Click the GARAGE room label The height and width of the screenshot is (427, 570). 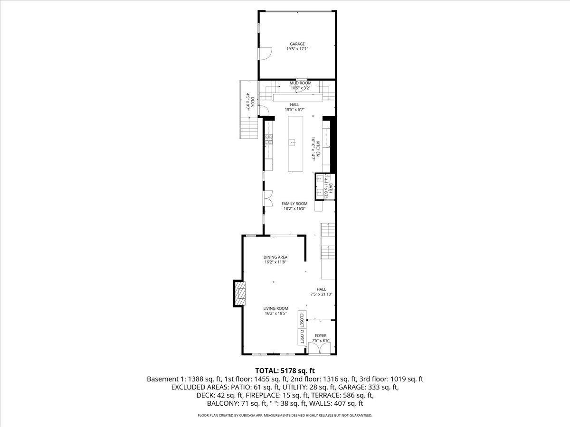pyautogui.click(x=297, y=44)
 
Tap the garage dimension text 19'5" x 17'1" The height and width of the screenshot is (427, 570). pyautogui.click(x=297, y=49)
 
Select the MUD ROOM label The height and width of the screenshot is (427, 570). pyautogui.click(x=300, y=83)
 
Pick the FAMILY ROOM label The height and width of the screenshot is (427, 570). pyautogui.click(x=294, y=204)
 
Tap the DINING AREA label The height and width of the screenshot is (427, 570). pyautogui.click(x=276, y=257)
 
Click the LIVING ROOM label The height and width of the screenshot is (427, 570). pyautogui.click(x=276, y=308)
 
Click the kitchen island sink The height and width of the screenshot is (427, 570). pyautogui.click(x=293, y=141)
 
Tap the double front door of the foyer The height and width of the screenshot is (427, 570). pyautogui.click(x=319, y=349)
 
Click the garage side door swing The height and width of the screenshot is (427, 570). pyautogui.click(x=264, y=53)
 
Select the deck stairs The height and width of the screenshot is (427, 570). pyautogui.click(x=249, y=128)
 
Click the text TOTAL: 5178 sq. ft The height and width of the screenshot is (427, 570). pyautogui.click(x=285, y=370)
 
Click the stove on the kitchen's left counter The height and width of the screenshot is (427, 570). pyautogui.click(x=269, y=139)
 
